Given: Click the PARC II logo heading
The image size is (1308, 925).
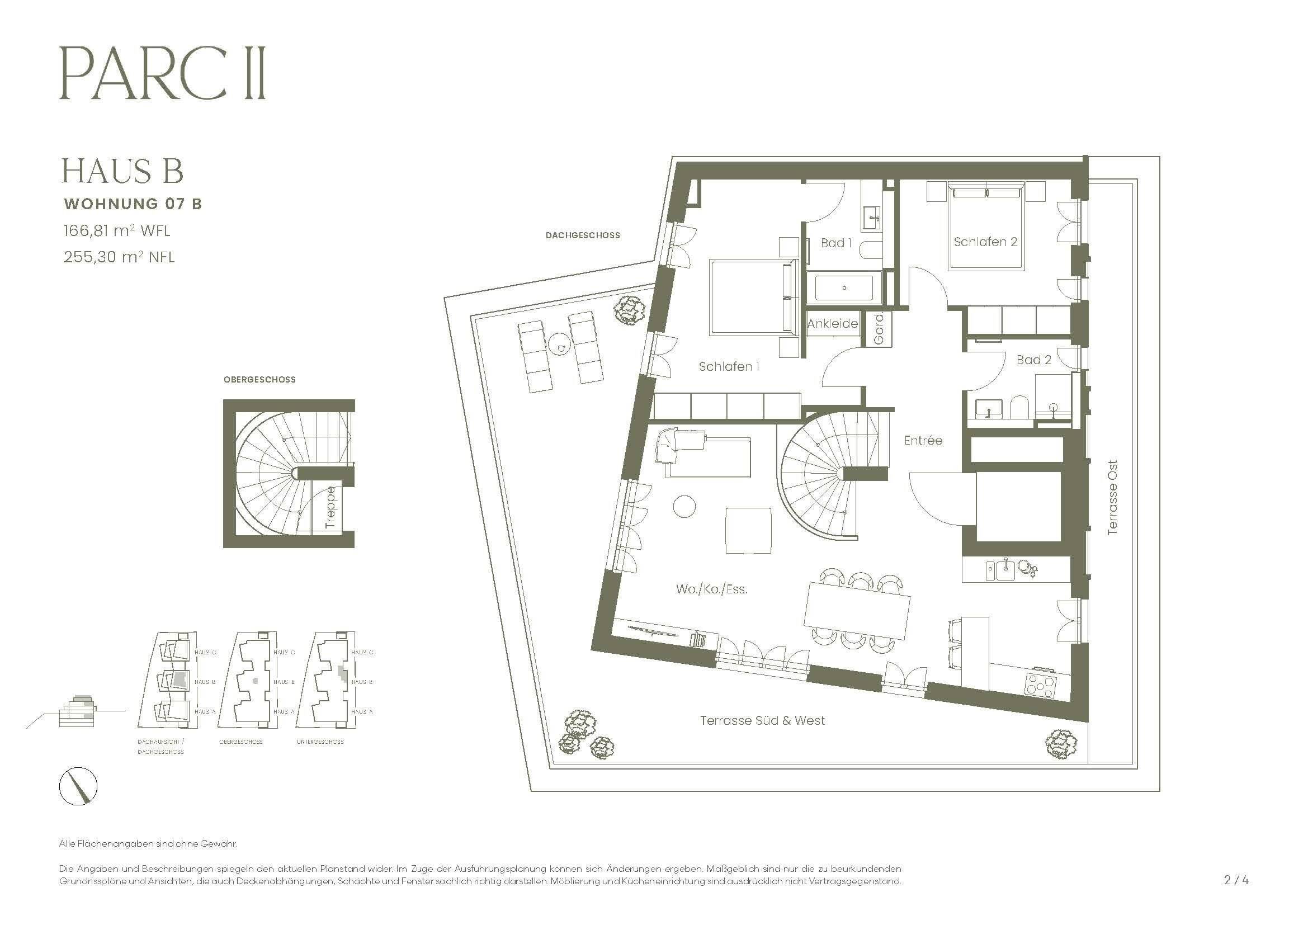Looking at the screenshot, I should tap(162, 74).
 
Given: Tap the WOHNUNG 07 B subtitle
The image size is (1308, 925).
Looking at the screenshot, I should tap(133, 204).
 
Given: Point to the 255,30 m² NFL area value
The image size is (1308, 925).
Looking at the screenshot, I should tap(119, 257).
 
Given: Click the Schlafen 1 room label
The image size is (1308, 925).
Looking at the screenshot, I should tap(729, 367).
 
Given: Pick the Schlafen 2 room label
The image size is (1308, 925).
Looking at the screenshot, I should tap(985, 242).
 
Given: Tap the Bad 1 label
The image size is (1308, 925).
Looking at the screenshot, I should tap(835, 243).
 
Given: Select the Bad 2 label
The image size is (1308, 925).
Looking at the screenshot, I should tap(1033, 360).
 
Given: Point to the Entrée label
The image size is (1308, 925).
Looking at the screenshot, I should tap(923, 440).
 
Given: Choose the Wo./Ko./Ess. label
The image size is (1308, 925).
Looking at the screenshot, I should tap(711, 589).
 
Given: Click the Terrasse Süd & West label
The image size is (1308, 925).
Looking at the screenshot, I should tap(762, 720).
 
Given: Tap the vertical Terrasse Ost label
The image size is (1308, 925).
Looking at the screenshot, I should tap(1112, 497).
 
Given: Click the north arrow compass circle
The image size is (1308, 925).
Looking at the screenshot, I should tap(79, 786).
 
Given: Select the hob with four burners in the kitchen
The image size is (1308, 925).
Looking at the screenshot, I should tap(1040, 684).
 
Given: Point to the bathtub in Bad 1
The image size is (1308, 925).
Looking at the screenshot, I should tap(844, 288).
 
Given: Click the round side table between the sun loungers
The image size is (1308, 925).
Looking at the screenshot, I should tap(560, 346).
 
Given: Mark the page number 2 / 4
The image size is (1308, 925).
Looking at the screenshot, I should tap(1236, 880).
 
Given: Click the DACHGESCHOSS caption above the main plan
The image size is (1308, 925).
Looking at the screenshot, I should tap(582, 235).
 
